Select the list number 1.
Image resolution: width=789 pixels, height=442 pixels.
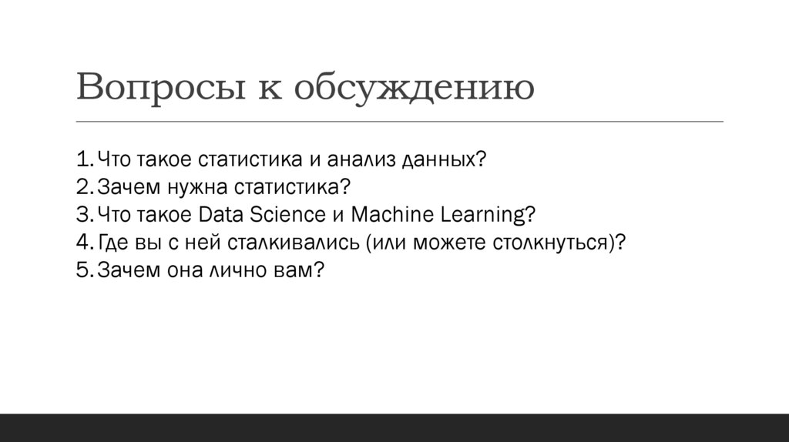click(x=84, y=160)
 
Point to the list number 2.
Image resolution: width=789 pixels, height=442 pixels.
click(x=84, y=187)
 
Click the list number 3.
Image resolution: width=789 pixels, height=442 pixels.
click(x=84, y=215)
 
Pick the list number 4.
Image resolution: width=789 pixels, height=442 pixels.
click(x=84, y=243)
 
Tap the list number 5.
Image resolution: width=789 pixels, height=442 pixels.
click(x=84, y=270)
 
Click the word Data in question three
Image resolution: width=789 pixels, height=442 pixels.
click(x=221, y=215)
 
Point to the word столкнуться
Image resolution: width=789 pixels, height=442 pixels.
click(x=549, y=243)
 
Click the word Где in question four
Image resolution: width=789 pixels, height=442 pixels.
click(x=113, y=243)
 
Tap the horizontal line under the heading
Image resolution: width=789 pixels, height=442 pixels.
click(x=400, y=122)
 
